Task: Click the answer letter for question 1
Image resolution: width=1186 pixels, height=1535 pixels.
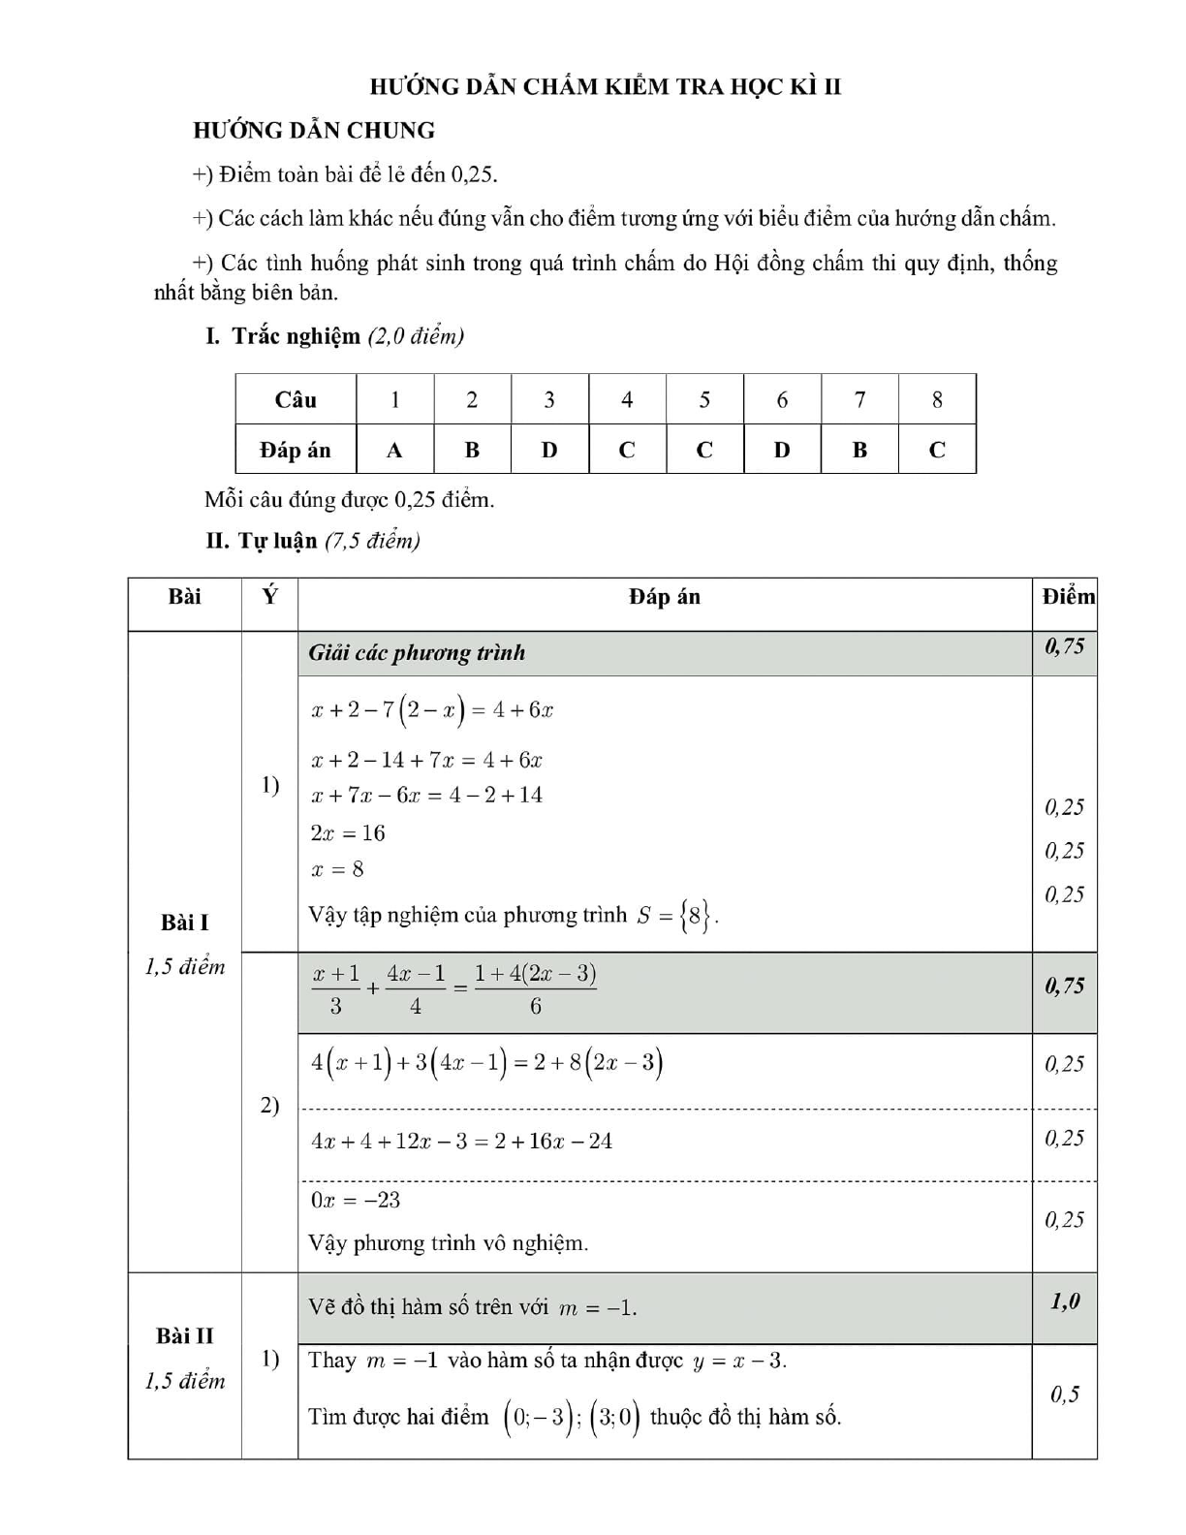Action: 394,450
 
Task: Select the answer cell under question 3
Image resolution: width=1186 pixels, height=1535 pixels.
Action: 549,450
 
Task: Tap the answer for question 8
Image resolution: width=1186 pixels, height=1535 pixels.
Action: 937,450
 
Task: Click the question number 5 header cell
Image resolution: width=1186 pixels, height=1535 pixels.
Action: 704,399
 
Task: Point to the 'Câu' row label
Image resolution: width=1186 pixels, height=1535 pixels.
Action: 296,399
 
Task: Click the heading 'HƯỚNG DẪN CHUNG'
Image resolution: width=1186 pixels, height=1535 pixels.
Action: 314,130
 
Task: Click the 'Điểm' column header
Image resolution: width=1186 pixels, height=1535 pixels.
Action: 1068,597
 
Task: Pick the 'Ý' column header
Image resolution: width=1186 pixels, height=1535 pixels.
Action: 269,597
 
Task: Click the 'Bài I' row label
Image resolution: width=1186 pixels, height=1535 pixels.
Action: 184,923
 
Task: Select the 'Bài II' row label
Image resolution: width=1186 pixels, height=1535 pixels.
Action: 184,1335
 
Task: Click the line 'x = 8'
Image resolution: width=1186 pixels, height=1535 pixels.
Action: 337,869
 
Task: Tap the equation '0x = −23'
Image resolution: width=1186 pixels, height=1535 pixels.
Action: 356,1200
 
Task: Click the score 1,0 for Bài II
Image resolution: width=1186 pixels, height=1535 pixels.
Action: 1065,1301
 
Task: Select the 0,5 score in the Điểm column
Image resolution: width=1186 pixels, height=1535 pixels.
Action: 1065,1394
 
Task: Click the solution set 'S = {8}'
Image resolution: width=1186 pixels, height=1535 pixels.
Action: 677,915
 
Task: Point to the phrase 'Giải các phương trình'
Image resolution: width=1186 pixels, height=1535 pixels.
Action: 417,653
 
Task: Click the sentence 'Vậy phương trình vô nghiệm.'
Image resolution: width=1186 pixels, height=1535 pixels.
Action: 448,1243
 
